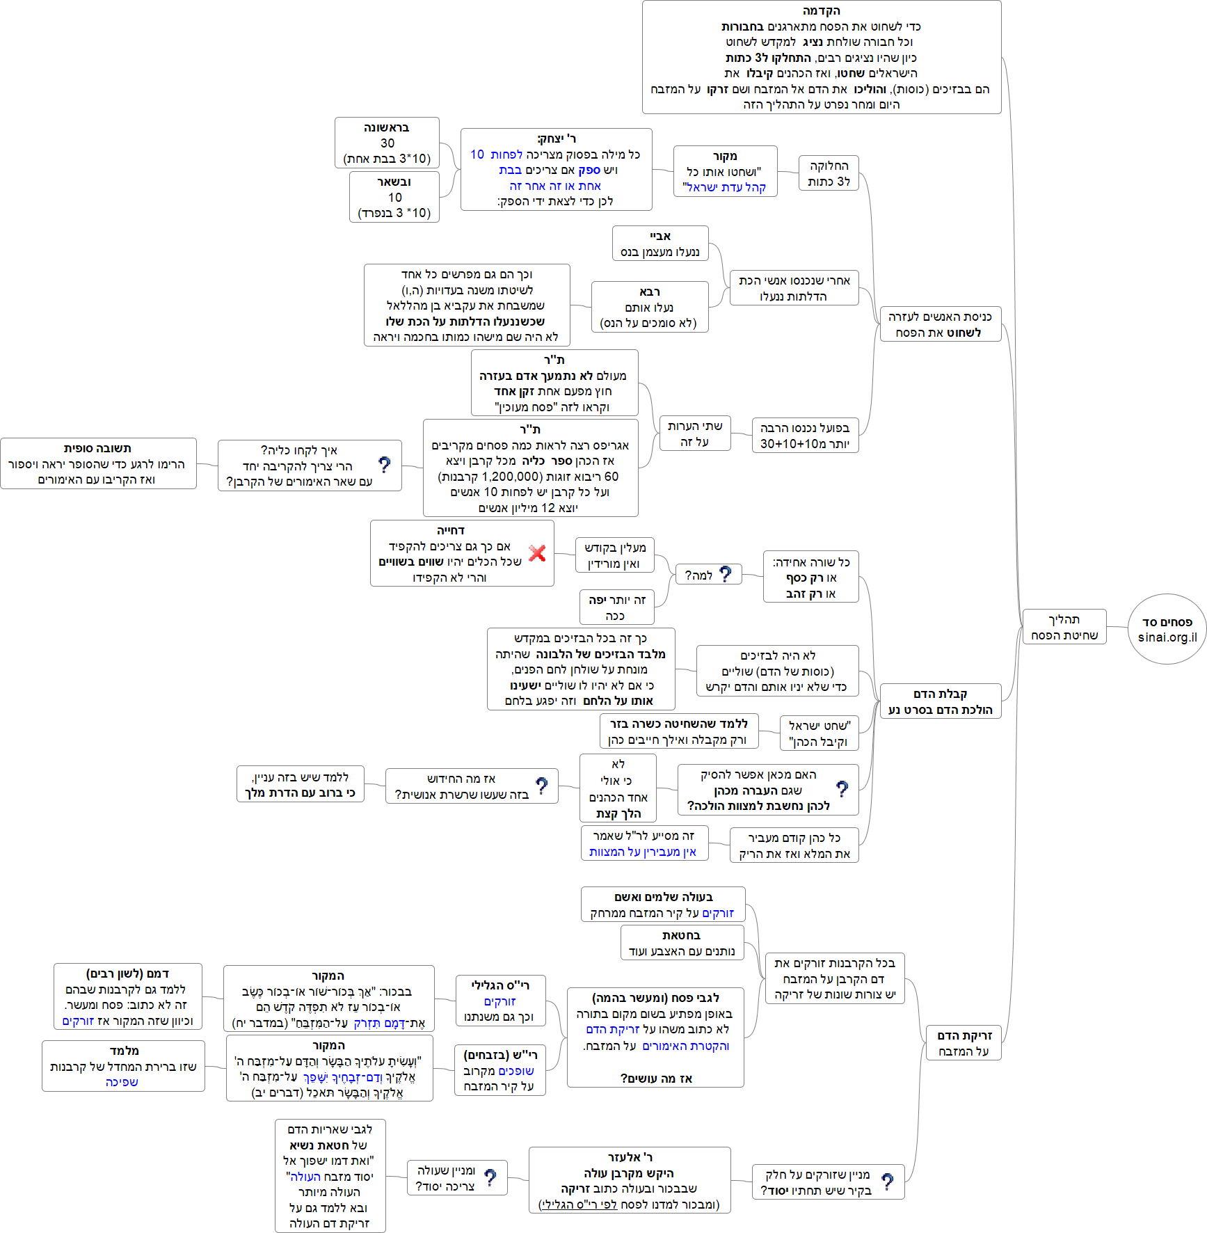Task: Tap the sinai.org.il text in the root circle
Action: pos(1167,637)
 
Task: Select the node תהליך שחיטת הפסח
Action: pos(1064,627)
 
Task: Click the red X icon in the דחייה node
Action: pos(537,553)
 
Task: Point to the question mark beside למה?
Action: pos(726,574)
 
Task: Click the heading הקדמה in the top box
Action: pos(822,11)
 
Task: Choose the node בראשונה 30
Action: pos(387,143)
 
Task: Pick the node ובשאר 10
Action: pos(394,197)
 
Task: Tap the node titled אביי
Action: pos(660,244)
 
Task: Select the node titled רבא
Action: pos(649,307)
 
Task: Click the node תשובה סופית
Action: pos(98,463)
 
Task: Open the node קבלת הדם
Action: pos(940,701)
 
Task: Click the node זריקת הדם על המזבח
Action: pos(964,1043)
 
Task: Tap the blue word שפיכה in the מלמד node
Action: pos(122,1082)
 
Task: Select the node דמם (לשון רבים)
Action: pos(128,996)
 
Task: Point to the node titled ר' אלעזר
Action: pos(630,1180)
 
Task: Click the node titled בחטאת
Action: pos(682,943)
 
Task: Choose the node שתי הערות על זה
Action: pos(694,433)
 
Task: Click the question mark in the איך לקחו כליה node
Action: pos(384,465)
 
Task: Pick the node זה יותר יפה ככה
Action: pos(616,607)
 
